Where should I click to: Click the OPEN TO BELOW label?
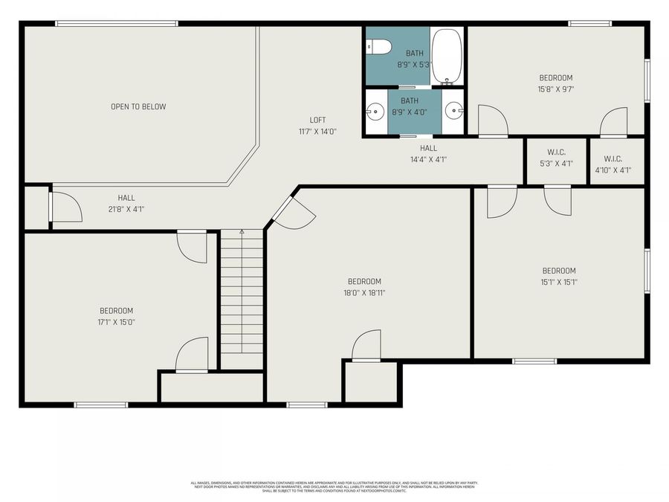click(138, 106)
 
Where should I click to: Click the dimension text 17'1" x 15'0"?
click(117, 322)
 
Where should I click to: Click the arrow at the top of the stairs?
click(242, 232)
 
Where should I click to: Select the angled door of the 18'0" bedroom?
click(296, 210)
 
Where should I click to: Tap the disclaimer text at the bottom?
click(334, 486)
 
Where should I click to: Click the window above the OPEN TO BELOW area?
click(117, 24)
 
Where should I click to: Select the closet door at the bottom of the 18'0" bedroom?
click(366, 347)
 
